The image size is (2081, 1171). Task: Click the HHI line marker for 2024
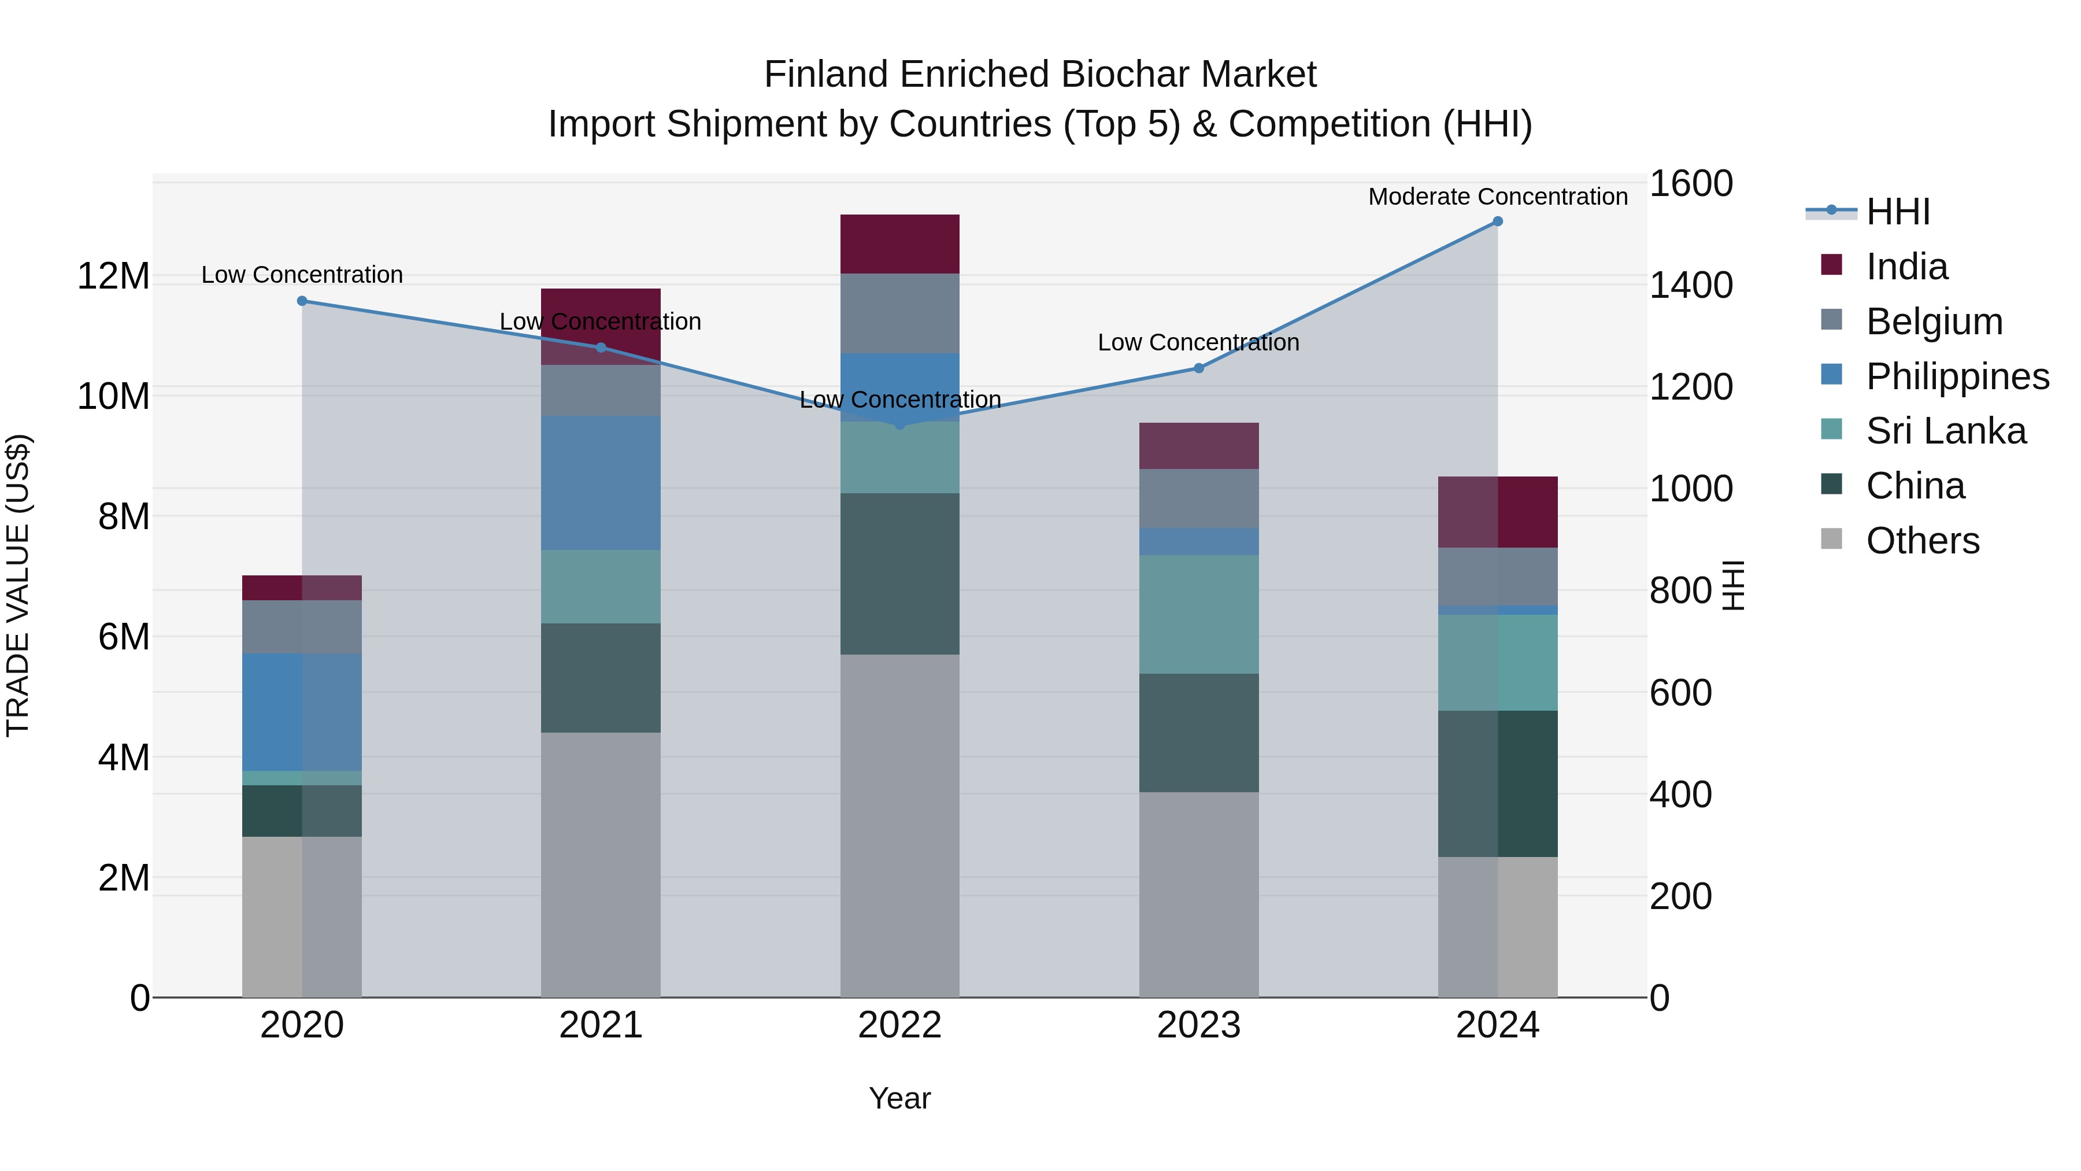point(1497,221)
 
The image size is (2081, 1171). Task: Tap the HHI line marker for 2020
point(302,301)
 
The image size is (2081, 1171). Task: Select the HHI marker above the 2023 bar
point(1199,368)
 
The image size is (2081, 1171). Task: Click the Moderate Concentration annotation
point(1497,197)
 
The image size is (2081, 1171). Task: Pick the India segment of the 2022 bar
point(899,244)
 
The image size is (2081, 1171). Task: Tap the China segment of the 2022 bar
point(899,573)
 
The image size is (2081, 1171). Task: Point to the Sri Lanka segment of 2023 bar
point(1199,614)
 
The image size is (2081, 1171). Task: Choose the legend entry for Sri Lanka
point(1945,431)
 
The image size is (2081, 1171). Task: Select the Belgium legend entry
point(1934,321)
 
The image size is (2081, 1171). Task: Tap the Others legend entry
point(1922,541)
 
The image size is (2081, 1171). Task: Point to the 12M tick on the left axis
point(113,276)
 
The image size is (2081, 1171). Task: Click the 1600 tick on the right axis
point(1690,183)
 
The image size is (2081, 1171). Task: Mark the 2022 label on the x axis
point(899,1025)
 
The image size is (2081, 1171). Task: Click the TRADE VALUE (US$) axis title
point(18,585)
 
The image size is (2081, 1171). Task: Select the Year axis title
point(899,1098)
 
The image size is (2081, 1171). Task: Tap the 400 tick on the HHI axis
point(1680,795)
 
